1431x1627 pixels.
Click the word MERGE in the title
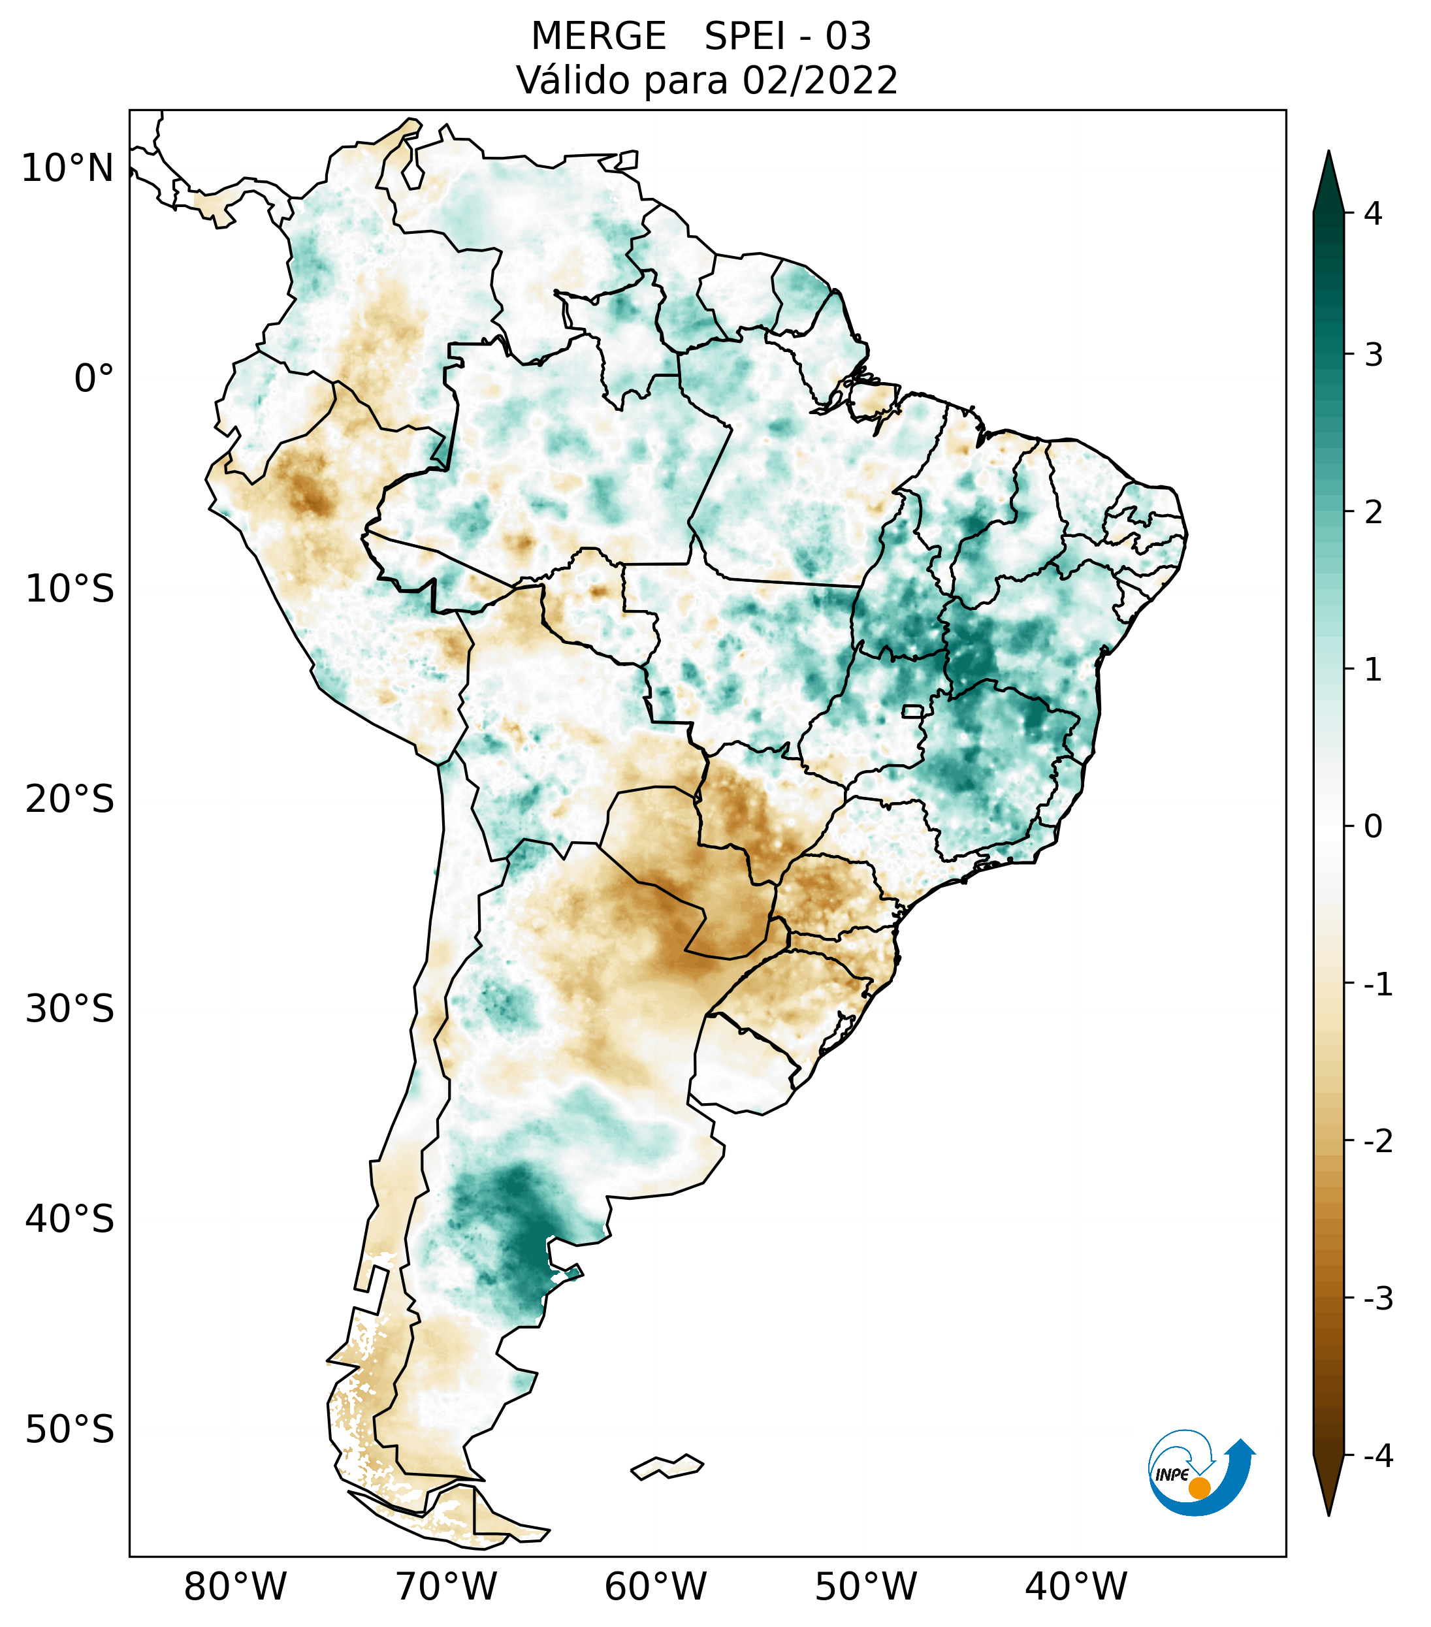[x=598, y=37]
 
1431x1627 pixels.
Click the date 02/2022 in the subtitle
[x=820, y=80]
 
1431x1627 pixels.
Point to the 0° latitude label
[x=94, y=378]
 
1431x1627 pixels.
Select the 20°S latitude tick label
[x=70, y=799]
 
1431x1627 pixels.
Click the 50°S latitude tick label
[x=70, y=1430]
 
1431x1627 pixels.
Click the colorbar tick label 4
[x=1373, y=214]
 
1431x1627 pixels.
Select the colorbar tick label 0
[x=1373, y=826]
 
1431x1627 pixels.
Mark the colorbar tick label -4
[x=1377, y=1456]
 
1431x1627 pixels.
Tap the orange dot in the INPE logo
[x=1199, y=1488]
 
